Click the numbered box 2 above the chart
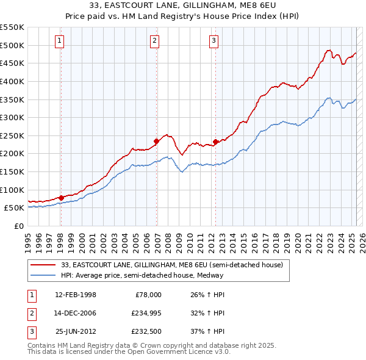point(155,41)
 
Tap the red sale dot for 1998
point(61,198)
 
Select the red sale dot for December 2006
point(156,141)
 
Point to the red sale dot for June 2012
point(215,142)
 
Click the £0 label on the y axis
point(18,226)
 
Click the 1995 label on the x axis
point(28,239)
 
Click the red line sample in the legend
point(44,265)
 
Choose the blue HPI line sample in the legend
point(44,275)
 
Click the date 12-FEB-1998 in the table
point(76,294)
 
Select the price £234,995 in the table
point(145,313)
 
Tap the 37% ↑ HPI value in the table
point(207,332)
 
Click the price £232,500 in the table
point(145,332)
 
